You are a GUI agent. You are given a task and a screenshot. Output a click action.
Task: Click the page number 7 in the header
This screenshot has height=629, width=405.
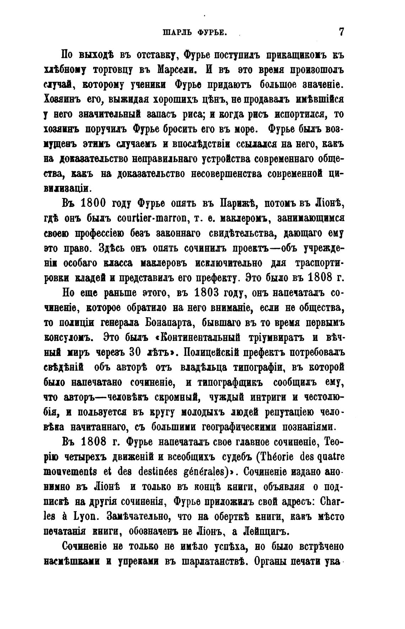pos(341,32)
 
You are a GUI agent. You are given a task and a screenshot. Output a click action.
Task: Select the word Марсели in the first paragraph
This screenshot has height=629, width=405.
pos(175,70)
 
